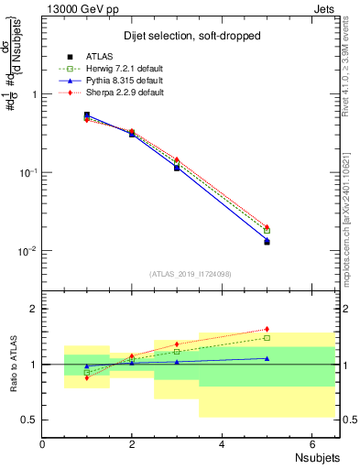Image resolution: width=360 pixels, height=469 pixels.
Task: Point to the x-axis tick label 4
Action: (222, 444)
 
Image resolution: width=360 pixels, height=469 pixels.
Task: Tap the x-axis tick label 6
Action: (311, 444)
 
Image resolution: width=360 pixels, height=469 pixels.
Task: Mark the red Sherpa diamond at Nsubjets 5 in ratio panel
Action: (267, 329)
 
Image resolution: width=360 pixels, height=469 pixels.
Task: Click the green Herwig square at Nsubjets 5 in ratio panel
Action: (267, 338)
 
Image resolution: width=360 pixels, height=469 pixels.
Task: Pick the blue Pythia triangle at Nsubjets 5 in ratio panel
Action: (267, 358)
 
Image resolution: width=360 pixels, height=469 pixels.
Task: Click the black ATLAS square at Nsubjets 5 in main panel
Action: (267, 242)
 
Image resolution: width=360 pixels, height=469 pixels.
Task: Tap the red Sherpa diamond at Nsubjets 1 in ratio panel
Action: (87, 377)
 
